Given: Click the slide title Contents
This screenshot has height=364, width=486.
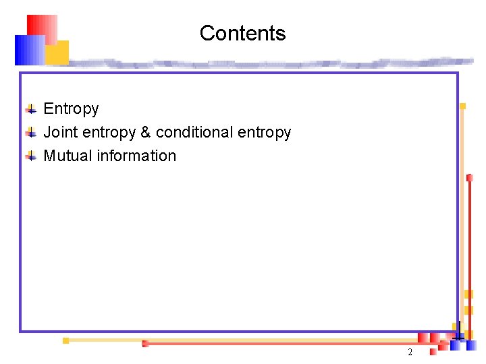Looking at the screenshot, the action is [242, 33].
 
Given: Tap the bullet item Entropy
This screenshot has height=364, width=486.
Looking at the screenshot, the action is [71, 109].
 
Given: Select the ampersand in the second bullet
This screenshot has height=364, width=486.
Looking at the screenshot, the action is [146, 132].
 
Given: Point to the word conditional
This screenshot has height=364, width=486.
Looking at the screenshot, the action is [194, 132].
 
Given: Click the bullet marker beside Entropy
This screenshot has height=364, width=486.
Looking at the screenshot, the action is [30, 109].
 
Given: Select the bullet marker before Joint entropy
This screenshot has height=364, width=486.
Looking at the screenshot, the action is [30, 133].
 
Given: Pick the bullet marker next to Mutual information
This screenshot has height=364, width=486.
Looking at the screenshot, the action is [30, 156].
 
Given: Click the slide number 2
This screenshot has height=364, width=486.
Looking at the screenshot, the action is [410, 353].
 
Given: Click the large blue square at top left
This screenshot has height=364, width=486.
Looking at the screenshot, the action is [29, 49].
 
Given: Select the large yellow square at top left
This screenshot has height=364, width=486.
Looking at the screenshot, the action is [57, 52].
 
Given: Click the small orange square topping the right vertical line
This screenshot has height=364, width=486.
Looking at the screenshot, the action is [462, 106].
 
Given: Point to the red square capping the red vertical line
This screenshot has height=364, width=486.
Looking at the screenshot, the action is [469, 177].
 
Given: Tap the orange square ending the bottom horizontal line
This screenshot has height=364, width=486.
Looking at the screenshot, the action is [65, 340].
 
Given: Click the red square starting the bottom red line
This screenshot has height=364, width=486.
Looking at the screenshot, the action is [145, 344].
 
